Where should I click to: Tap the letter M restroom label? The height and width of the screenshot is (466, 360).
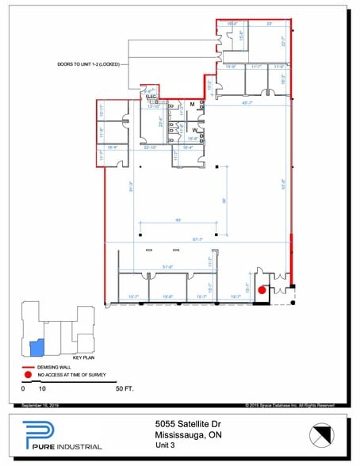[191, 105]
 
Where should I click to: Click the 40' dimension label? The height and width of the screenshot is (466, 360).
[179, 220]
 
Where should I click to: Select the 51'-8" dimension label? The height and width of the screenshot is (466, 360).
[168, 267]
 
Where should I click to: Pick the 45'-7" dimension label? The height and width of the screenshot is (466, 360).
[248, 102]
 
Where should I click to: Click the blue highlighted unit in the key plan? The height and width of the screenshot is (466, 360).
[36, 347]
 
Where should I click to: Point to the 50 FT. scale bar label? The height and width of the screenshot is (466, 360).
[124, 389]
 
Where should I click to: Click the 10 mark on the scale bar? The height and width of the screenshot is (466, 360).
[43, 389]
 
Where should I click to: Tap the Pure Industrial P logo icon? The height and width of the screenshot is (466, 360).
[29, 435]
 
